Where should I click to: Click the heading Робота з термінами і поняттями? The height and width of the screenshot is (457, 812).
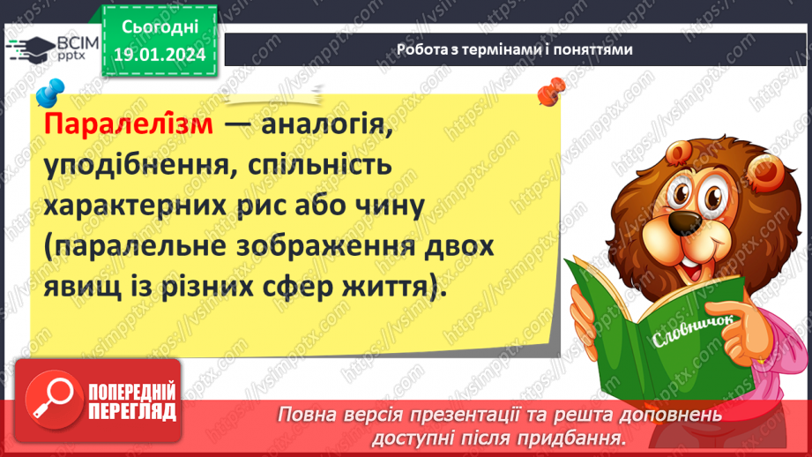coord(514,50)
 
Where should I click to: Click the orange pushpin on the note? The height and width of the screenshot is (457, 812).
coord(551,88)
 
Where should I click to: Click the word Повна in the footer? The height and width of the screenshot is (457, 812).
coord(304,414)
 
